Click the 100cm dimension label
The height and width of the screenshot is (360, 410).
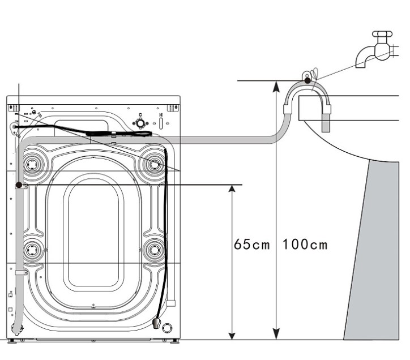[306, 246]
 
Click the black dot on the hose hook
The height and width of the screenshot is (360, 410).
[308, 81]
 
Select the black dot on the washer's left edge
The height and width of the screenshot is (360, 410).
[18, 185]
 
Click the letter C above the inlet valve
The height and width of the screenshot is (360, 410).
[140, 115]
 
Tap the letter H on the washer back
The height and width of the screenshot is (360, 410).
[161, 115]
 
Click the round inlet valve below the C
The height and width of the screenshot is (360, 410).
[140, 123]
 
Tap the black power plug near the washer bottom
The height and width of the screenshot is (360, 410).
[156, 323]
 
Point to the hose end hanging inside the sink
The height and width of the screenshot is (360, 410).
[325, 123]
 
